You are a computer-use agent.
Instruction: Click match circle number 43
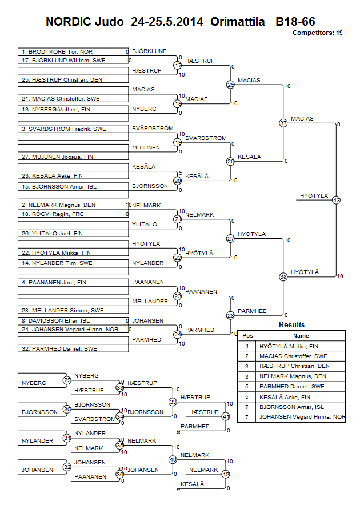336,200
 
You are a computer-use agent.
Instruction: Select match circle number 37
283,123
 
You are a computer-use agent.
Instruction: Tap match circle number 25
230,85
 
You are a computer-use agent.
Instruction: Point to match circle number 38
283,276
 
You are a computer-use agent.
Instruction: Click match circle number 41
226,416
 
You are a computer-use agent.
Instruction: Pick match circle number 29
67,380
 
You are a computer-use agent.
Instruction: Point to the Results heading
291,325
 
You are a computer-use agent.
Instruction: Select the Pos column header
247,336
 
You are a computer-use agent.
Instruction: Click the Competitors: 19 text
317,33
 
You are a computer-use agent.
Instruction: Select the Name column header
301,336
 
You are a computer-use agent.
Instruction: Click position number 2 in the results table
247,356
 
